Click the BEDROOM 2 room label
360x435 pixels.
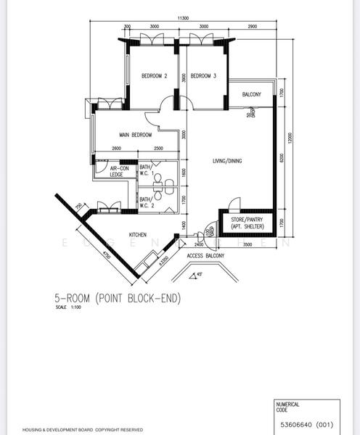pyautogui.click(x=155, y=76)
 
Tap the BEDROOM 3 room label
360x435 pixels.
pyautogui.click(x=204, y=76)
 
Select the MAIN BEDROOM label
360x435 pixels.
pyautogui.click(x=136, y=135)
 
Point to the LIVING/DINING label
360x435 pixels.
pyautogui.click(x=227, y=160)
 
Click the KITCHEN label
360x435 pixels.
pyautogui.click(x=139, y=235)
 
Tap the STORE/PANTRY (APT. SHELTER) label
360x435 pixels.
pyautogui.click(x=247, y=223)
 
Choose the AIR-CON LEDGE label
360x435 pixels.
pyautogui.click(x=110, y=172)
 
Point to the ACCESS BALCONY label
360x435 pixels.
pyautogui.click(x=205, y=256)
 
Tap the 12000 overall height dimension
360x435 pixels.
pyautogui.click(x=289, y=138)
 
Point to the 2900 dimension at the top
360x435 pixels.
pyautogui.click(x=252, y=26)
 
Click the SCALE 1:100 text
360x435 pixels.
pyautogui.click(x=65, y=307)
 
